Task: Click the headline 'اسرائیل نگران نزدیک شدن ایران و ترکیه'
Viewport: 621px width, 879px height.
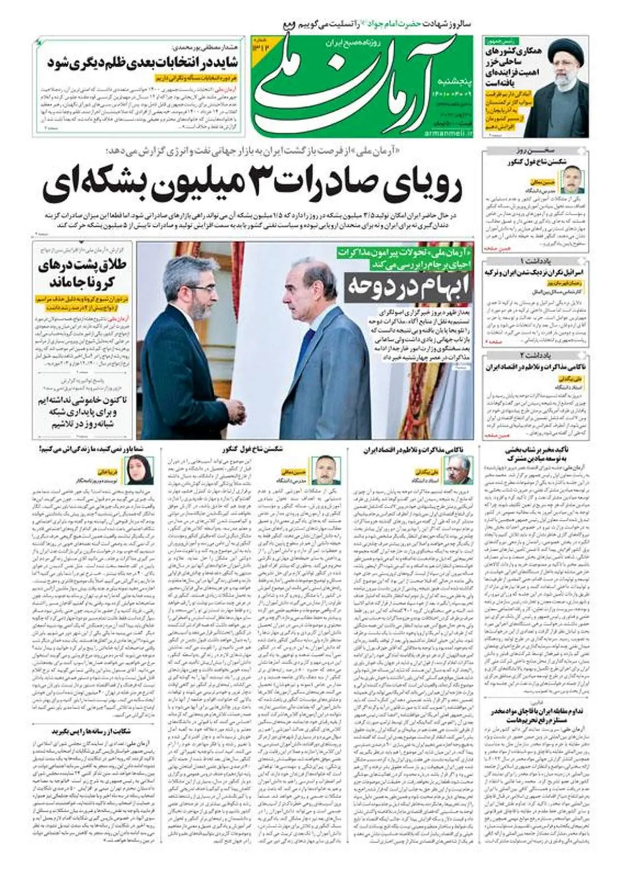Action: (536, 272)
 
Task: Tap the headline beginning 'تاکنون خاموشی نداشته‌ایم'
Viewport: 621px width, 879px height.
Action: (82, 412)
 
